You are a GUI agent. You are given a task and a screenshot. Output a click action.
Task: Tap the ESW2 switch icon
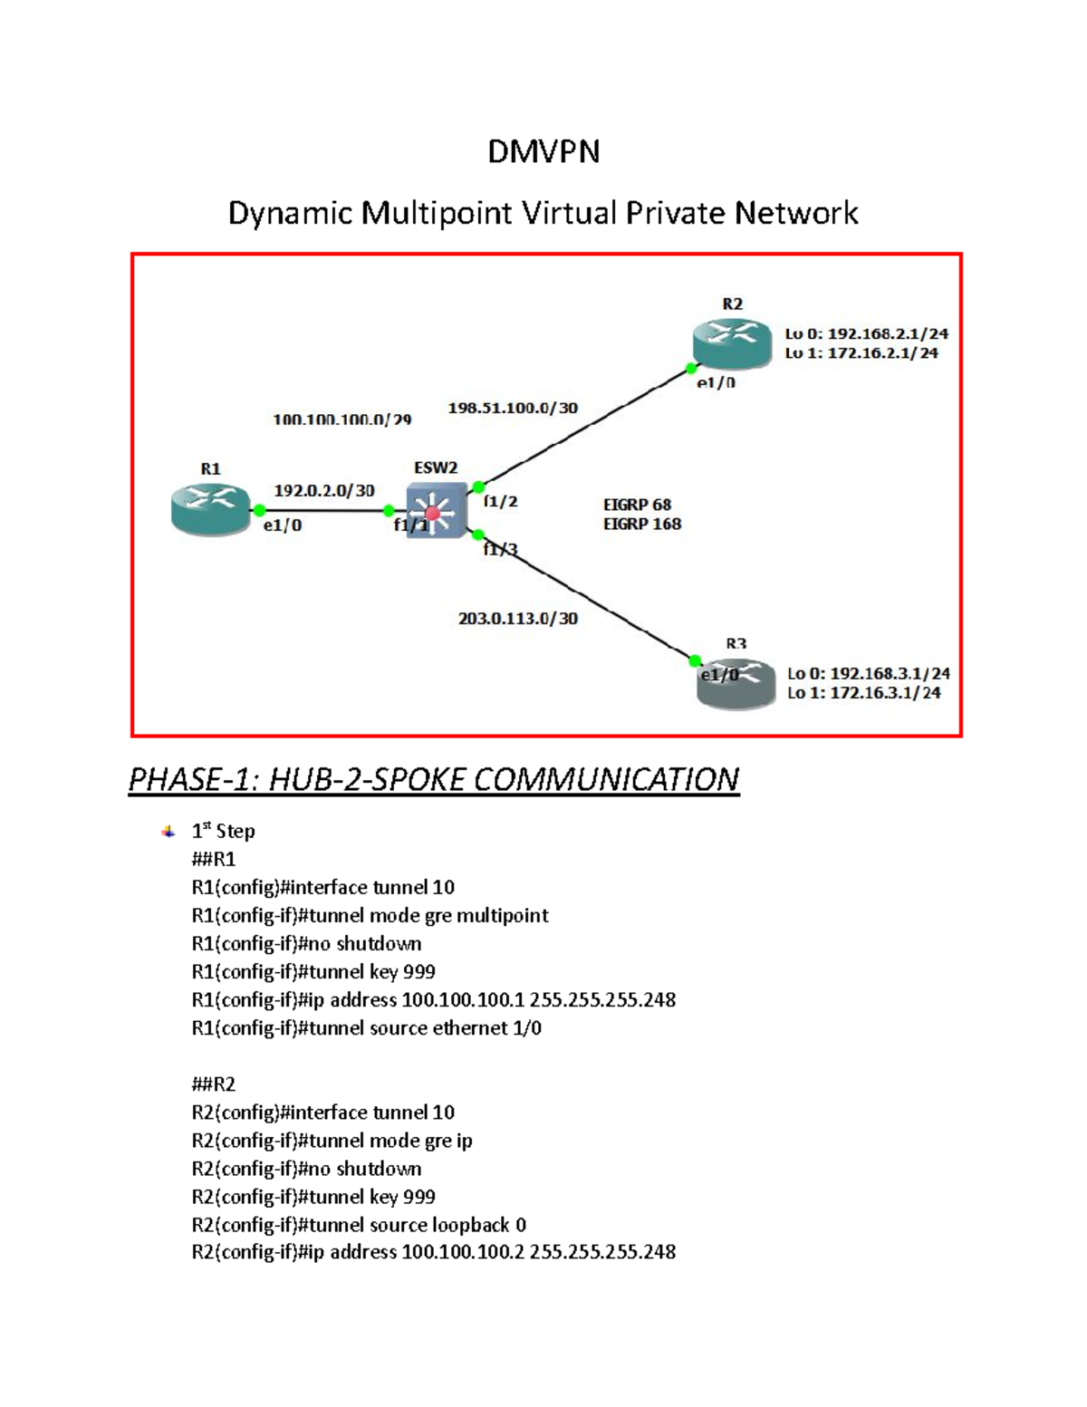coord(436,511)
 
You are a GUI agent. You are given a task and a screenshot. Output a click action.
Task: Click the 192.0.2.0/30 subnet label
coord(323,490)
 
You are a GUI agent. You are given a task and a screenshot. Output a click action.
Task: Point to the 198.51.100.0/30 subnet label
coord(513,408)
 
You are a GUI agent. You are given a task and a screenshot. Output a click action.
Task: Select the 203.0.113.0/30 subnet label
coord(518,619)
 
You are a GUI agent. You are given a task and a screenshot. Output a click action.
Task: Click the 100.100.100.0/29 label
coord(342,419)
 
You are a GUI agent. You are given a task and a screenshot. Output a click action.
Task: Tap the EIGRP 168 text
coord(642,524)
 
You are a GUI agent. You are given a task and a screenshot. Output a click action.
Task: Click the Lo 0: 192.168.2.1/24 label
coord(867,333)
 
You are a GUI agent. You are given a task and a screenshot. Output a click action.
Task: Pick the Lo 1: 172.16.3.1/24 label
coord(864,693)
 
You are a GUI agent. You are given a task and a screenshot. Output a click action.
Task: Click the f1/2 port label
coord(501,501)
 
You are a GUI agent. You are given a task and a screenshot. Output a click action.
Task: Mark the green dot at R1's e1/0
coord(260,510)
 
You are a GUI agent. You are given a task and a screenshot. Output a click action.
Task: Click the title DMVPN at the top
coord(543,151)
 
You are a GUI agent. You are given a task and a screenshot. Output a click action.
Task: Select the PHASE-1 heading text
coord(434,779)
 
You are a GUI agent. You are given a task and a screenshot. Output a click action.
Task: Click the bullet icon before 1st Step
coord(168,831)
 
